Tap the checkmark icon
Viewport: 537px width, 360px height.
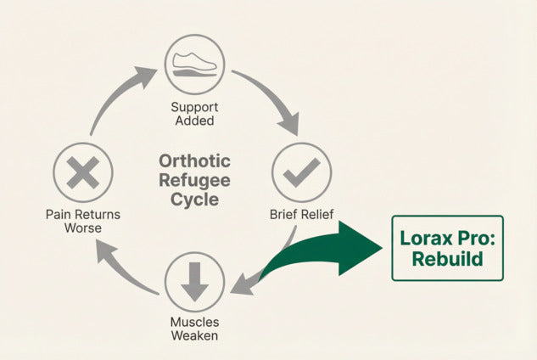point(302,172)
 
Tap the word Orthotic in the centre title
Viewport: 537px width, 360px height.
point(194,161)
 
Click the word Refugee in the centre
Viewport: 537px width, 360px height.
point(194,180)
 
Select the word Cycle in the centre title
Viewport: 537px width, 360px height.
point(194,200)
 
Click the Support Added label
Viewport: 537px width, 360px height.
point(194,114)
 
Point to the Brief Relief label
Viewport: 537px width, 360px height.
point(301,214)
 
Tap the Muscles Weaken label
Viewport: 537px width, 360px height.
point(194,329)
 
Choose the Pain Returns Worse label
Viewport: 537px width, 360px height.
point(83,221)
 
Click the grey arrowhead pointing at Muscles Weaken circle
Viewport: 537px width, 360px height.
point(243,284)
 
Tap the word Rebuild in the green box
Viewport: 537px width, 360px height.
point(447,259)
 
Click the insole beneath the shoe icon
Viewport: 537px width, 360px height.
point(194,73)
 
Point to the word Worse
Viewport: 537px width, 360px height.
point(83,228)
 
